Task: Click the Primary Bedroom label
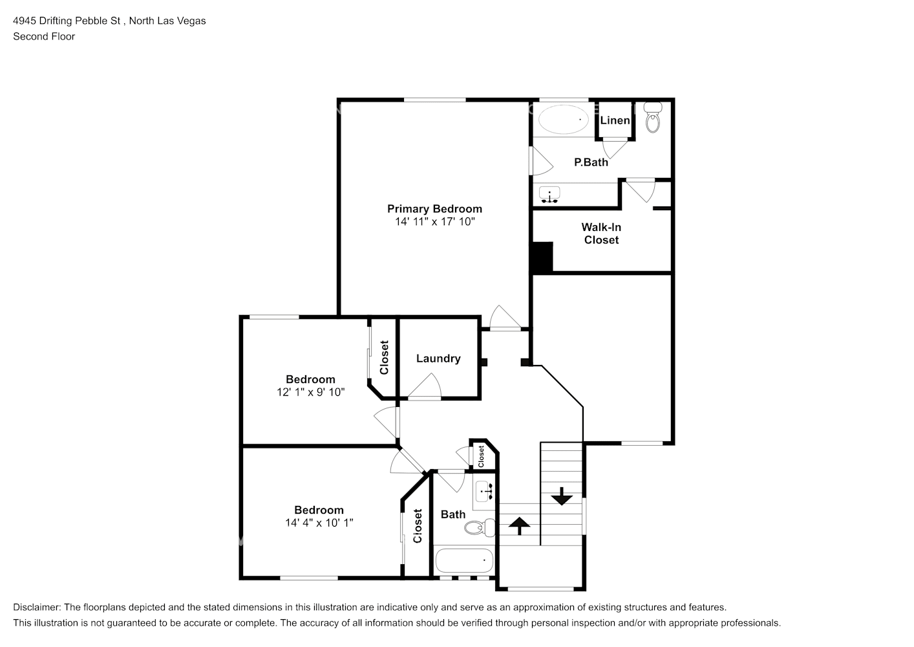coord(434,209)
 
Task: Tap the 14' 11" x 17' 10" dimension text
coord(435,222)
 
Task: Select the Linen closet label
coord(615,120)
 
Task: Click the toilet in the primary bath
coord(653,118)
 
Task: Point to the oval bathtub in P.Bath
coord(563,119)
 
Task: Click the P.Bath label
coord(591,162)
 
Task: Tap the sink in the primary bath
coord(549,195)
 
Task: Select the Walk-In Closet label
coord(601,234)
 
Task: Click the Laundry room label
coord(438,358)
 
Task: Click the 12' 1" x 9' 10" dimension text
coord(310,392)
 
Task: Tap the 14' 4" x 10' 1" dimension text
coord(319,523)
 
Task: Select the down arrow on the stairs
coord(562,496)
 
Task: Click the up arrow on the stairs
coord(519,526)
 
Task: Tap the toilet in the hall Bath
coord(480,528)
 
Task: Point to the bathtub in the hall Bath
coord(464,560)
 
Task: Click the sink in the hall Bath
coord(484,491)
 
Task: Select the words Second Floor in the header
coord(44,36)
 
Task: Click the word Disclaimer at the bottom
coord(37,608)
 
